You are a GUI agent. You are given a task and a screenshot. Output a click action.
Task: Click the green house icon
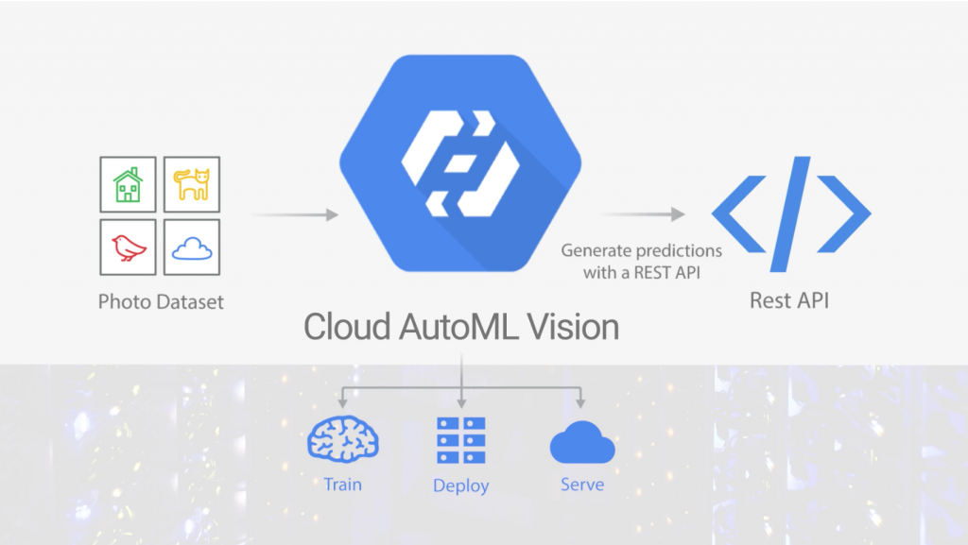[x=128, y=184]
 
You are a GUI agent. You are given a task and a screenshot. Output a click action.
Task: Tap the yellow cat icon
[x=192, y=184]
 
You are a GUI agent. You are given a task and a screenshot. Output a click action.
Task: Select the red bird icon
[x=128, y=247]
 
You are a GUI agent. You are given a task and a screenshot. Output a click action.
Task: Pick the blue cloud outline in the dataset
[x=192, y=248]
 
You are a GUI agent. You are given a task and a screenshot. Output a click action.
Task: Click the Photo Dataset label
[x=161, y=302]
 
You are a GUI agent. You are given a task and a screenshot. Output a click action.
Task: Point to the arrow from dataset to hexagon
[x=296, y=215]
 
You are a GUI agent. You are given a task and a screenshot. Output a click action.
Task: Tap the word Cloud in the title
[x=344, y=327]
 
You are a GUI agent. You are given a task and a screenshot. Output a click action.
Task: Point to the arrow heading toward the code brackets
[x=643, y=215]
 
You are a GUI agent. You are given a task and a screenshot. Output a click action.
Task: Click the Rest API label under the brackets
[x=789, y=301]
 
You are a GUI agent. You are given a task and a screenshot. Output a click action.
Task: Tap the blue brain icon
[x=343, y=439]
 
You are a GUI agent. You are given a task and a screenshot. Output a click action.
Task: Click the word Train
[x=341, y=485]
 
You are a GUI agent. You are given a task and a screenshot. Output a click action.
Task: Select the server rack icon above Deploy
[x=460, y=440]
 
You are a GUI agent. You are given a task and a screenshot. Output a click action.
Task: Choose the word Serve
[x=581, y=485]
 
